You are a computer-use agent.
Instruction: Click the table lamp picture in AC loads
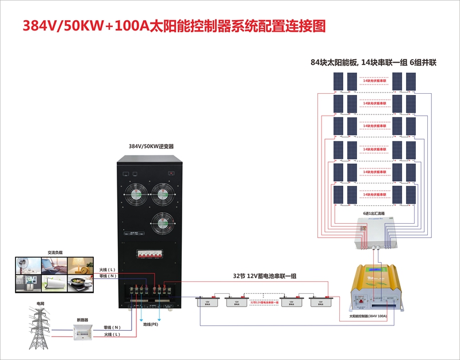pyautogui.click(x=79, y=265)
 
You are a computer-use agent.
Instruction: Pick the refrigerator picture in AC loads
pyautogui.click(x=26, y=284)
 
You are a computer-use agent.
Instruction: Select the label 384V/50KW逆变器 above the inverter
pyautogui.click(x=151, y=147)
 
